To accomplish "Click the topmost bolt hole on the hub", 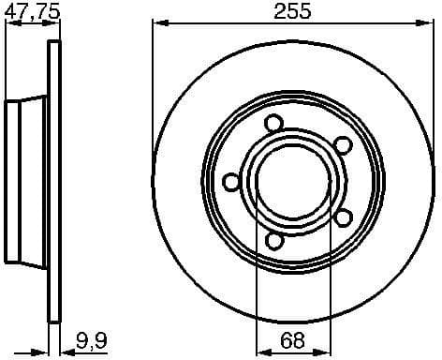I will point(273,123).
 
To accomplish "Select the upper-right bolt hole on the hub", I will point(343,143).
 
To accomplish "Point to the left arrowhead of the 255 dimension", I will point(156,24).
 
